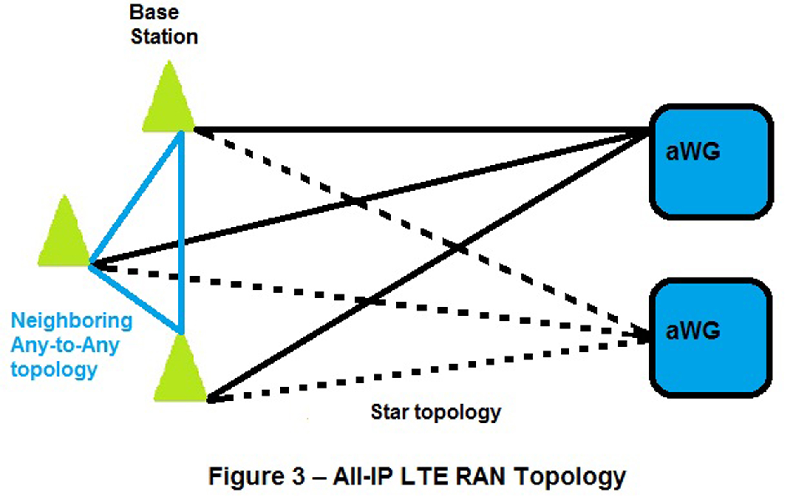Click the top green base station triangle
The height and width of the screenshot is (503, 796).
click(x=168, y=103)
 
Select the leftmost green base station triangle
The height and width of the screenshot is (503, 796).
click(x=64, y=237)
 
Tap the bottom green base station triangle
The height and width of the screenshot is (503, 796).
click(x=180, y=373)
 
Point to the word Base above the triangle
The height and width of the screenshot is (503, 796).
click(x=154, y=12)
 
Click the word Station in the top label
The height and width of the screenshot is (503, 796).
click(x=164, y=37)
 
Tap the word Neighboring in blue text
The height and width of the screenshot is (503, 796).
click(x=71, y=321)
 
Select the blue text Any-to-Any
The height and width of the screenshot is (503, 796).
click(x=65, y=345)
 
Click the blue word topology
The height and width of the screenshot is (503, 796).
click(x=54, y=370)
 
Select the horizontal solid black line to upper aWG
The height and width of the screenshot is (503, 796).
click(x=413, y=130)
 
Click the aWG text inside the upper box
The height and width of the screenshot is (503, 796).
click(x=693, y=152)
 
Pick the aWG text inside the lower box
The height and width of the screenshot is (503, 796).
click(x=693, y=331)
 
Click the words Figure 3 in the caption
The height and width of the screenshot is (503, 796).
click(x=256, y=476)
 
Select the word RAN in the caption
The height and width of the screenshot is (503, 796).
click(x=481, y=476)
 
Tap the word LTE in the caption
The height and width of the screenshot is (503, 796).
click(x=424, y=476)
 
